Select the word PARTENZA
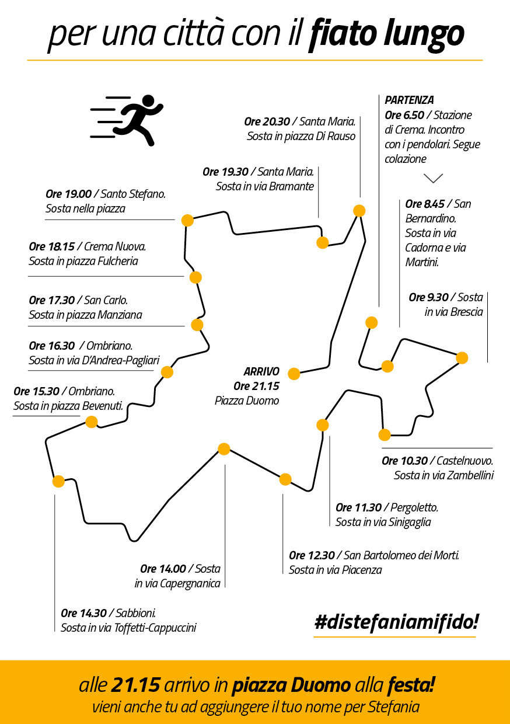click(410, 100)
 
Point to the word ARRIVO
click(261, 372)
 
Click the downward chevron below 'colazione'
click(434, 178)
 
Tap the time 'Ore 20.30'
click(267, 122)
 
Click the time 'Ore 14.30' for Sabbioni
click(83, 613)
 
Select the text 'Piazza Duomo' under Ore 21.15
click(247, 401)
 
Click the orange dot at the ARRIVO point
click(294, 374)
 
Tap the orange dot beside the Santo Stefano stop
click(187, 220)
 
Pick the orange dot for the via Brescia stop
click(462, 358)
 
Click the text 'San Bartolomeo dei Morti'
click(401, 555)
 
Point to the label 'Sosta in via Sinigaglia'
click(383, 522)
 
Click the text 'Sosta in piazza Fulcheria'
click(83, 261)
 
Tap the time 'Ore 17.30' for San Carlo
click(51, 300)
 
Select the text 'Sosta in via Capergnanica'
click(177, 583)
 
